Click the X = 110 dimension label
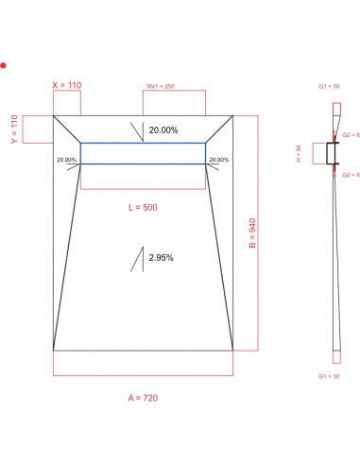click(66, 85)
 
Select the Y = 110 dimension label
click(14, 129)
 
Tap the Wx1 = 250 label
click(160, 86)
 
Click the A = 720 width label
click(143, 398)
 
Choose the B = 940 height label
click(251, 232)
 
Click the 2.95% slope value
click(161, 257)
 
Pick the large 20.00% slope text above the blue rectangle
click(163, 129)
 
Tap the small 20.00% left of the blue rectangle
click(67, 160)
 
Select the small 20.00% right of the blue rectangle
click(219, 160)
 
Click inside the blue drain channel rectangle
click(143, 153)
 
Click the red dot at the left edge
click(4, 65)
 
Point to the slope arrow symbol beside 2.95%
click(138, 258)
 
